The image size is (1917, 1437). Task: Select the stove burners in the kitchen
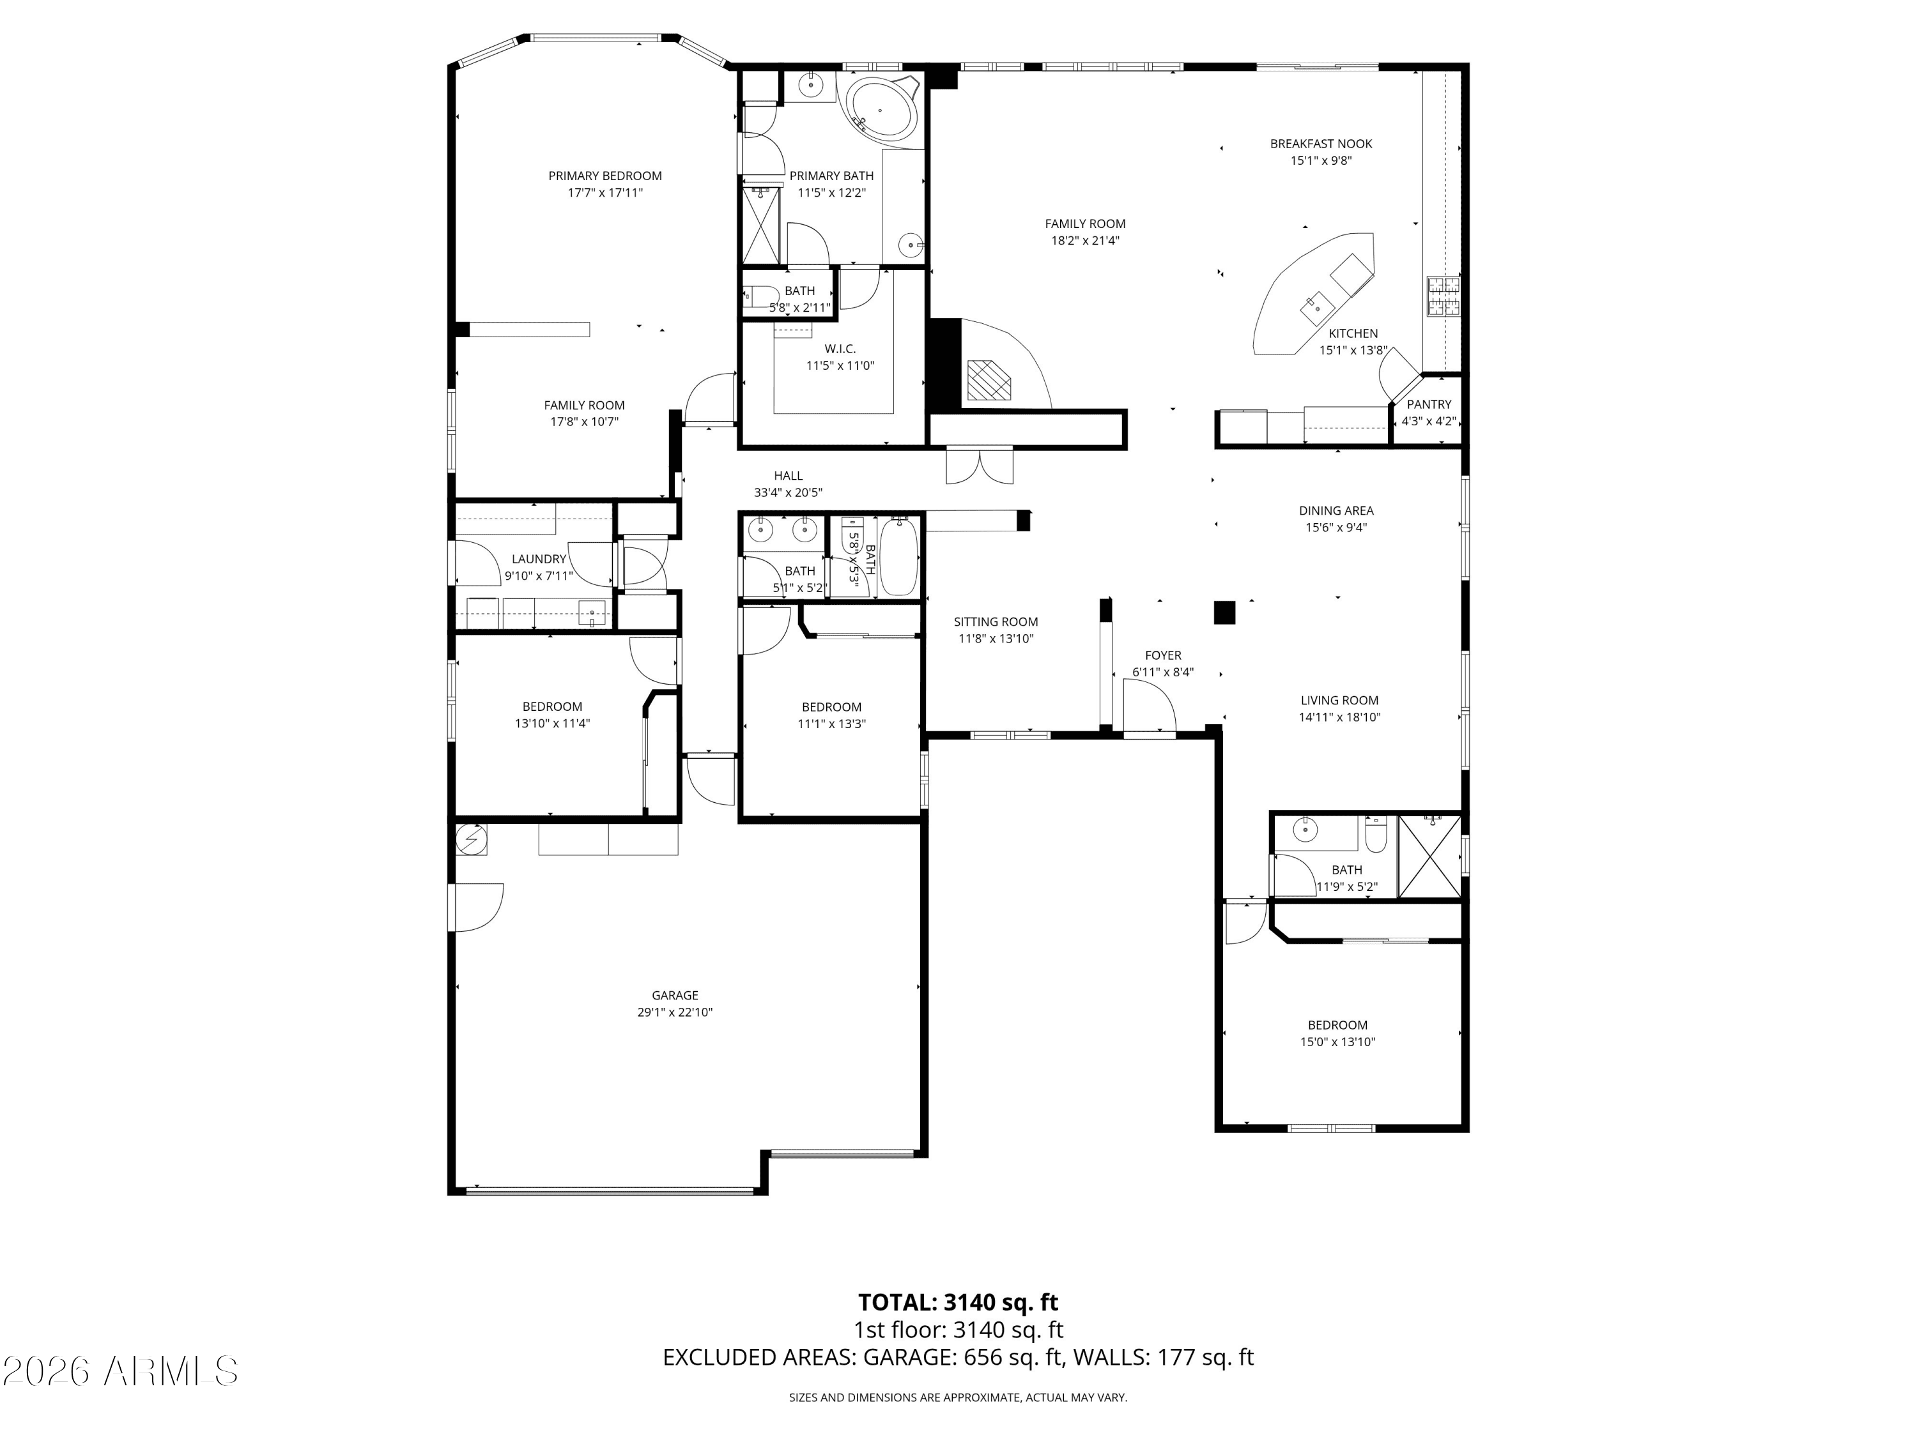coord(1443,296)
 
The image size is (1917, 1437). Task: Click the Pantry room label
coord(1428,404)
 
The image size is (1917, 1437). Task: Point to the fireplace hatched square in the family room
coord(989,379)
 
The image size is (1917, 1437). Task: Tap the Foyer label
coord(1162,656)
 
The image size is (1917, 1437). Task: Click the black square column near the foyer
coord(1223,612)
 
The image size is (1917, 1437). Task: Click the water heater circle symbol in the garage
coord(472,839)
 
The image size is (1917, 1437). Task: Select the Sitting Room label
coord(995,622)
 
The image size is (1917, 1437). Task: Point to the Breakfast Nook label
coord(1321,144)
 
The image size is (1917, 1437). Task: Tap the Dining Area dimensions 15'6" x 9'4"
coord(1336,528)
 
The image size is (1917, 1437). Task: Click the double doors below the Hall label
coord(980,465)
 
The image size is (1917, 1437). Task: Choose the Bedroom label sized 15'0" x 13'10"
coord(1337,1024)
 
